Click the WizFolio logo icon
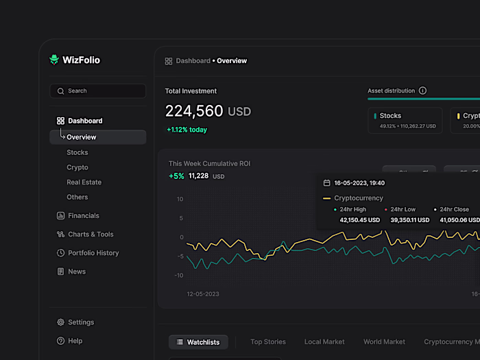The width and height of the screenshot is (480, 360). (54, 60)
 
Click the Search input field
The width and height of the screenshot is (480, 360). (97, 91)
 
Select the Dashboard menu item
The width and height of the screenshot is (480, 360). (84, 121)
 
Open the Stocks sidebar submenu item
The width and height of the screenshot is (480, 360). (77, 153)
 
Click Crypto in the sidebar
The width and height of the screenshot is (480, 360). (77, 167)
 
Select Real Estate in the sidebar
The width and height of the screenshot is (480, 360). (84, 182)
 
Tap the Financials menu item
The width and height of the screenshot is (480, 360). (83, 216)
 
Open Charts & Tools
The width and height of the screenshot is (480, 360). (91, 235)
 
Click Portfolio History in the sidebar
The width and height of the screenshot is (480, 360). (93, 253)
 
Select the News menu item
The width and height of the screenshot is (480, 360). (77, 272)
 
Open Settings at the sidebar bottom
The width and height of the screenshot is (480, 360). (81, 322)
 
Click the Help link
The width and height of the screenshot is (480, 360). (75, 341)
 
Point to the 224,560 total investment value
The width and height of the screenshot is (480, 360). (195, 111)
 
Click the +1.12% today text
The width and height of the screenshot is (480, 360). (187, 130)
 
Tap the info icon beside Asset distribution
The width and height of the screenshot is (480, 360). (422, 91)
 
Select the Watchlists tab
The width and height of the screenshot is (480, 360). (198, 342)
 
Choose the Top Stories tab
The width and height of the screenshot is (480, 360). (268, 341)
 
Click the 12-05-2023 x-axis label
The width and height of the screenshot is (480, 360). (203, 293)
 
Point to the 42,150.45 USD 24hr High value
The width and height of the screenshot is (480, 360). (359, 220)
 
